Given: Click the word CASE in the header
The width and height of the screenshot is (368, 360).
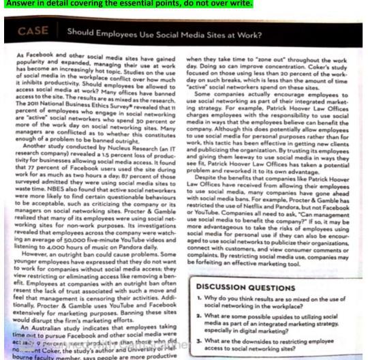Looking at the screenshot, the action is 33,31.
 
